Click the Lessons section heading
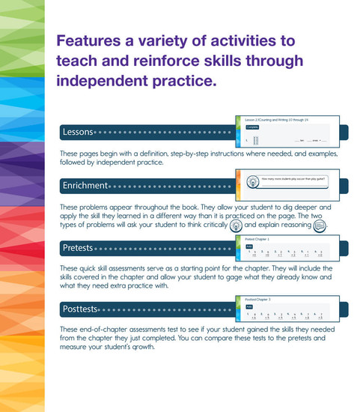tap(78, 133)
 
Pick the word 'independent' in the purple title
tap(104, 79)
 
